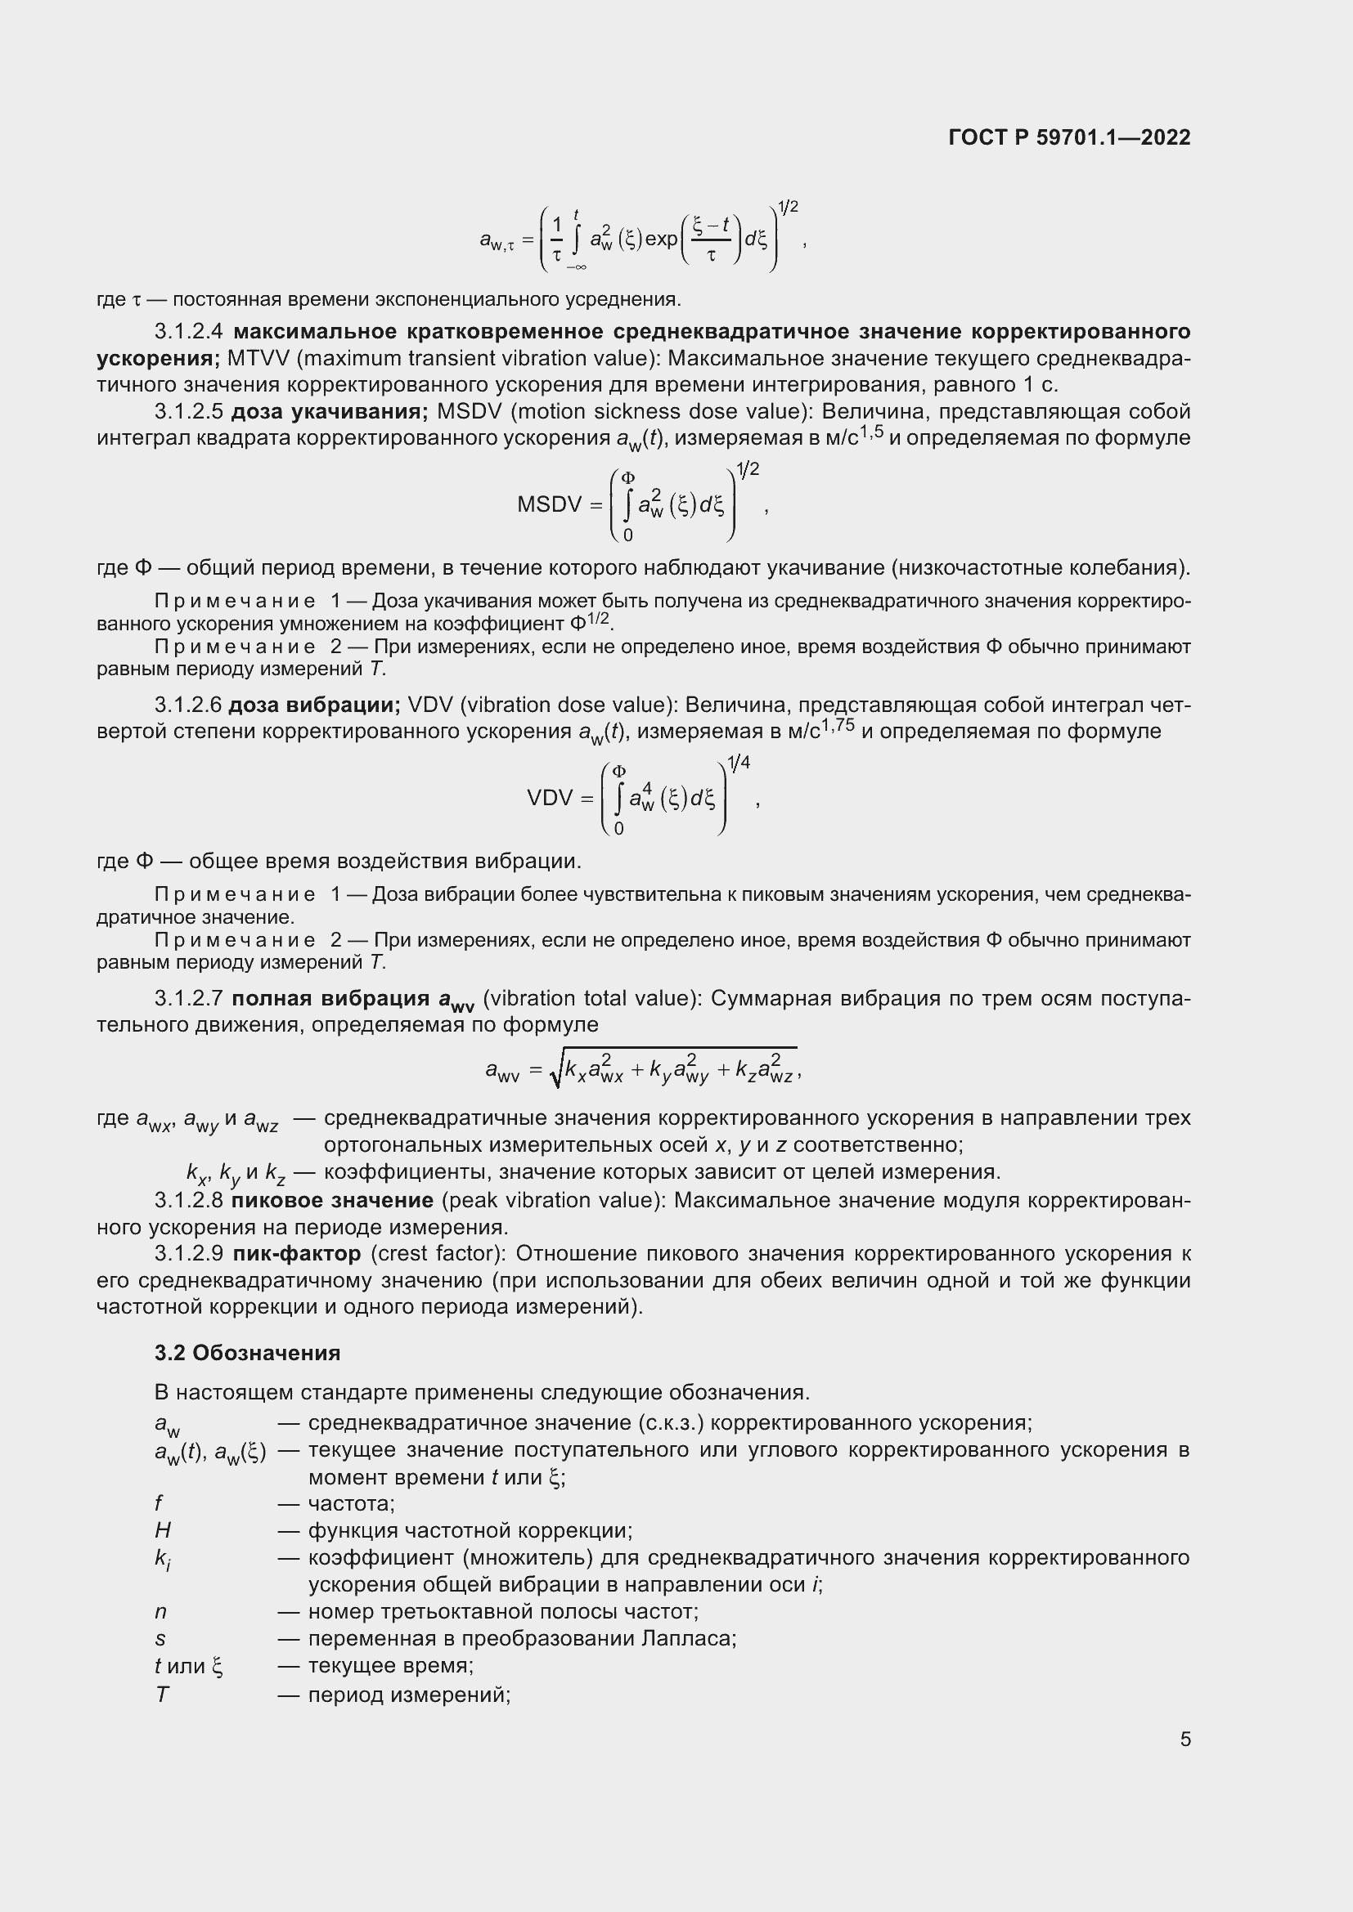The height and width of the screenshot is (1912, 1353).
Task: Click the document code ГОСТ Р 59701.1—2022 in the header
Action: click(1069, 137)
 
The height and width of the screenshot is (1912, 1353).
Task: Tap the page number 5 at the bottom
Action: click(1184, 1739)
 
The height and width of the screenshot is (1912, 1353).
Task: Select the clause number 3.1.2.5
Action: click(188, 411)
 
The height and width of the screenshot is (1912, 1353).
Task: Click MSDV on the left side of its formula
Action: click(548, 504)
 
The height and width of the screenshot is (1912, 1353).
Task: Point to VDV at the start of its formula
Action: click(550, 798)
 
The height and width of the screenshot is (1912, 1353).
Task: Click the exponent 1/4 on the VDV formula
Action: click(738, 762)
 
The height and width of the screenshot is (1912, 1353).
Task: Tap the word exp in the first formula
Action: click(662, 239)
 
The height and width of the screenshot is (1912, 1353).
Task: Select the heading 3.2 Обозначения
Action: click(247, 1352)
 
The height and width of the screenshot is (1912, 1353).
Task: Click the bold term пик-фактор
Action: click(297, 1253)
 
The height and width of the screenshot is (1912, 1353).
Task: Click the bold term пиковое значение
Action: click(331, 1200)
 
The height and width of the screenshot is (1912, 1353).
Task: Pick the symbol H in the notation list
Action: click(163, 1529)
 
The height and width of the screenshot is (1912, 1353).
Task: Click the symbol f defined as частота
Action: click(159, 1503)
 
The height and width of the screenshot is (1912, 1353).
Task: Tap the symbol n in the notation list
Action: click(160, 1611)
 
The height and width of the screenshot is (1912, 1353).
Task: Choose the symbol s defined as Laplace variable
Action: click(160, 1639)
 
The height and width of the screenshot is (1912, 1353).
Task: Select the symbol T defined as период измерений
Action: click(162, 1694)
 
